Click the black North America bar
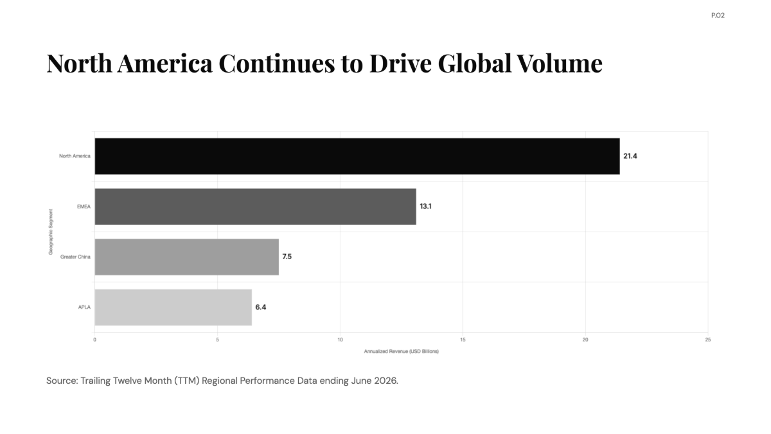[357, 156]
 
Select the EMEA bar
[256, 206]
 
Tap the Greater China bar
[187, 257]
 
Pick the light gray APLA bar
[173, 307]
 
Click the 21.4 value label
[630, 156]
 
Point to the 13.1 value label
[425, 206]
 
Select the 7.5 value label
[287, 257]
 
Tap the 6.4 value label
[261, 307]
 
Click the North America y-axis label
[75, 156]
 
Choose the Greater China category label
[75, 257]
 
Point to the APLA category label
[84, 307]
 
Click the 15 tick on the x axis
[463, 340]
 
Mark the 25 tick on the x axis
[707, 340]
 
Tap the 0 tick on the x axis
[94, 340]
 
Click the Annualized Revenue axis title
[402, 351]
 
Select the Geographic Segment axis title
[51, 232]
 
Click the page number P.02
[718, 15]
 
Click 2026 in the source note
[386, 381]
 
